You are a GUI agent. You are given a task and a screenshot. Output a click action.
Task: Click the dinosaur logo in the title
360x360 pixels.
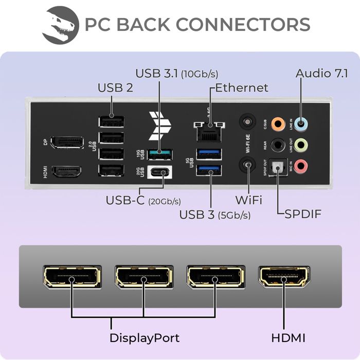(61, 24)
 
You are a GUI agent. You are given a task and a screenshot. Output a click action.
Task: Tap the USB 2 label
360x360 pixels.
(115, 87)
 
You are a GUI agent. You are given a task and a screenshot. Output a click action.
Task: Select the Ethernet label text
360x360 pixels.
(241, 87)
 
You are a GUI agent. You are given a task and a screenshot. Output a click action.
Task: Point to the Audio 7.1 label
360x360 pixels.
(320, 73)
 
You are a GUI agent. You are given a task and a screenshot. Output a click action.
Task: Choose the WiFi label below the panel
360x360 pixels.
(248, 199)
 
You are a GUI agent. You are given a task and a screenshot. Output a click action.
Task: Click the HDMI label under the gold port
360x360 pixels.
(288, 338)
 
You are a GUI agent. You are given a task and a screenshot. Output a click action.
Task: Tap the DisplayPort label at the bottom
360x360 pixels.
(144, 338)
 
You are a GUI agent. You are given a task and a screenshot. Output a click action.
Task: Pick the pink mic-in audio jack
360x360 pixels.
(303, 166)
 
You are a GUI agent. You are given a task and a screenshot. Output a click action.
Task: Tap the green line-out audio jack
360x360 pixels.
(303, 145)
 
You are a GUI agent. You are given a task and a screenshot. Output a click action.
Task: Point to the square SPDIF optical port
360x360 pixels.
(278, 166)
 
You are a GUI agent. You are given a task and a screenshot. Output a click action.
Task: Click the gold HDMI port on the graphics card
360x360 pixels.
(284, 278)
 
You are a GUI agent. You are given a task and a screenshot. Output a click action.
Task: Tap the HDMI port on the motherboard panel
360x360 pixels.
(67, 171)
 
